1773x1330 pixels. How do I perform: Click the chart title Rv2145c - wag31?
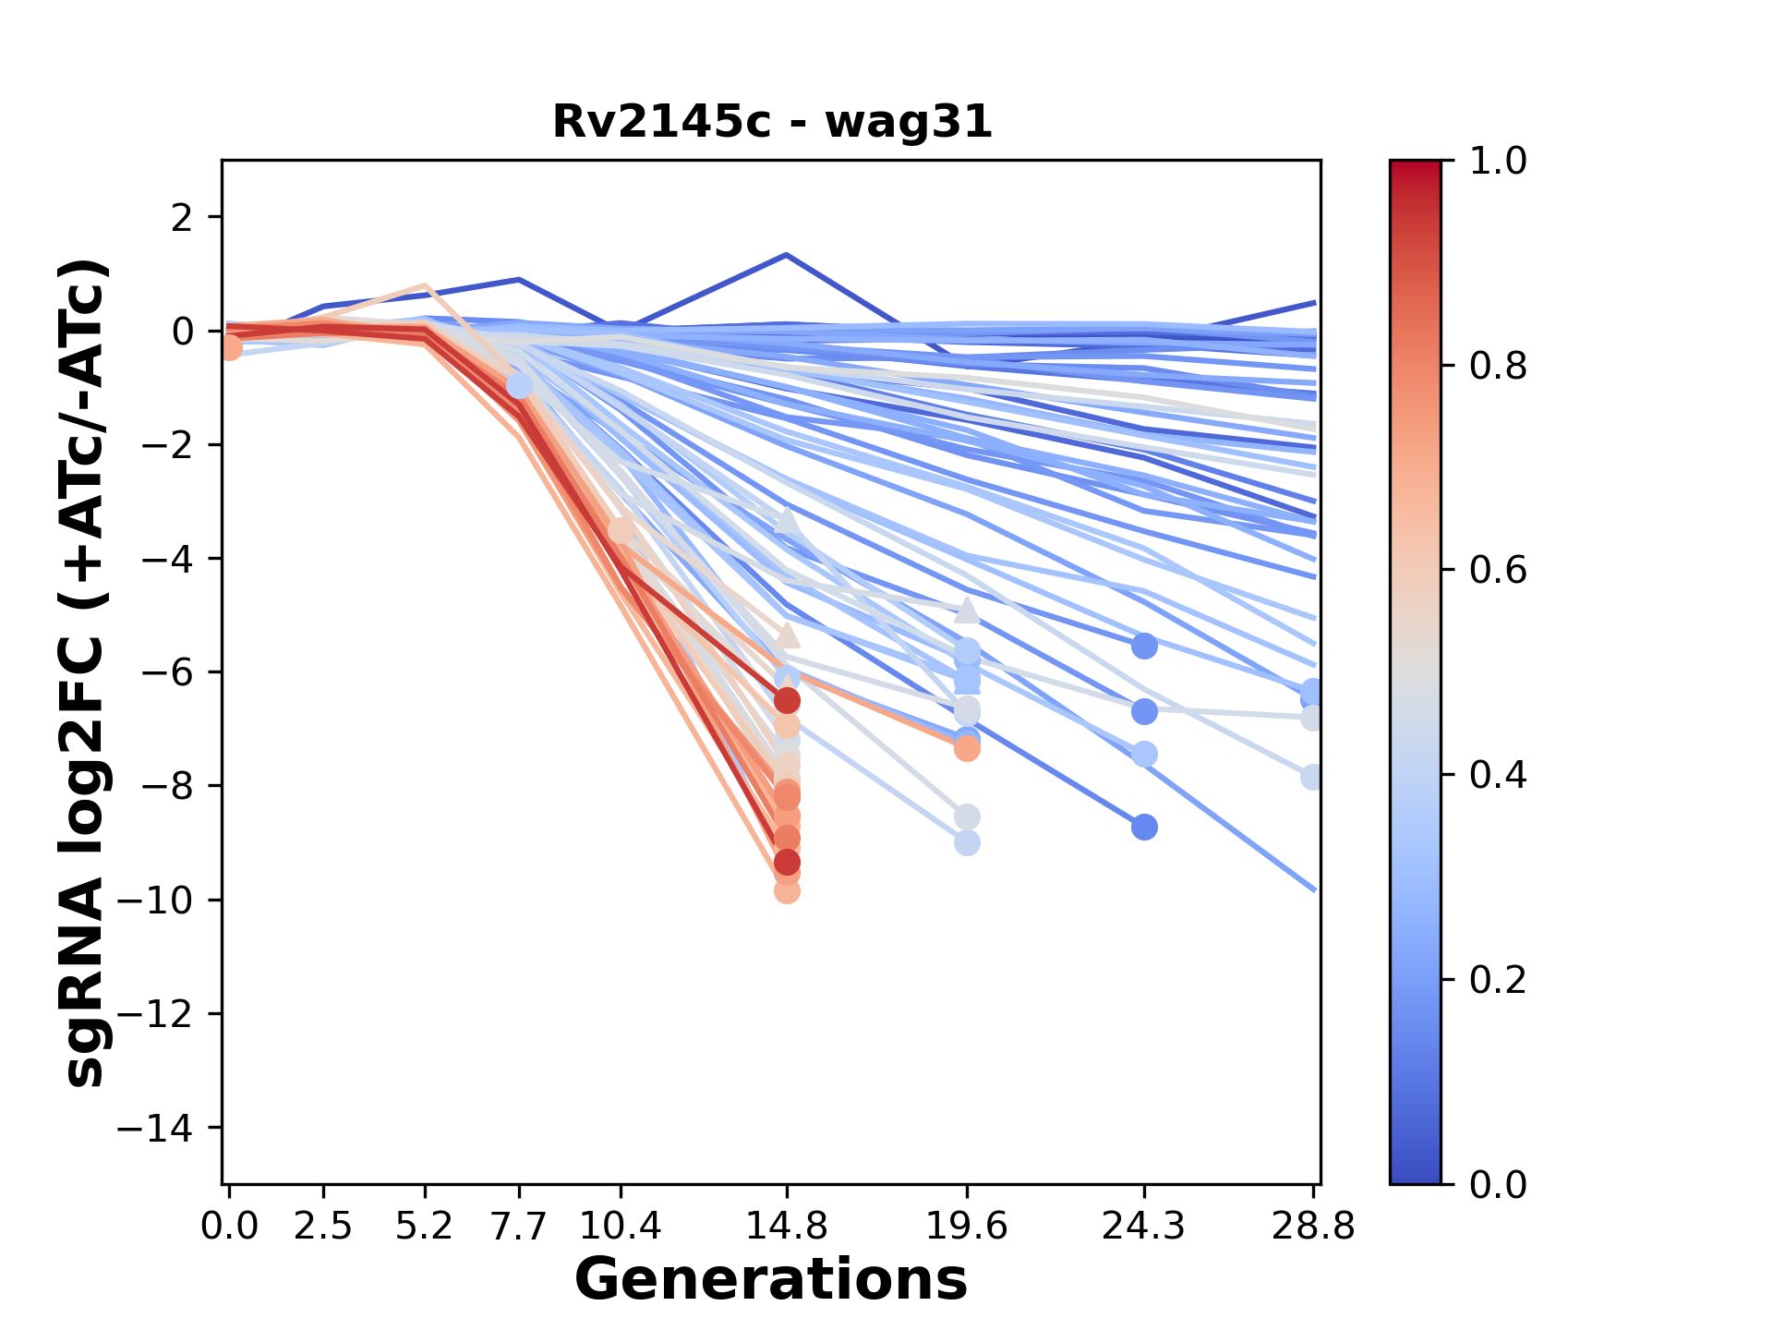(x=772, y=122)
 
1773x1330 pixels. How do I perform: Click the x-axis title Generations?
(x=771, y=1280)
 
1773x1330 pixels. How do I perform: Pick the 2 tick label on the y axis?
(x=183, y=218)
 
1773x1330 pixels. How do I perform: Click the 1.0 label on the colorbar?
(x=1498, y=162)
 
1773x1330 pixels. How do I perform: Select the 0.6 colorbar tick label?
(x=1498, y=571)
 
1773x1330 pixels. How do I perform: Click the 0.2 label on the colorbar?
(x=1498, y=980)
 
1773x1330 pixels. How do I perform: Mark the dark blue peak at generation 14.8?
(x=786, y=254)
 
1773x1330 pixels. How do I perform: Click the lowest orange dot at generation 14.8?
(x=787, y=891)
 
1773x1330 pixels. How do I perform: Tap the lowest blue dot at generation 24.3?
(x=1144, y=827)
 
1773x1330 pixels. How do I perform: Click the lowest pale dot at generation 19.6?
(x=967, y=843)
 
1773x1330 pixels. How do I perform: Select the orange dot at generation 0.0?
(x=230, y=348)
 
